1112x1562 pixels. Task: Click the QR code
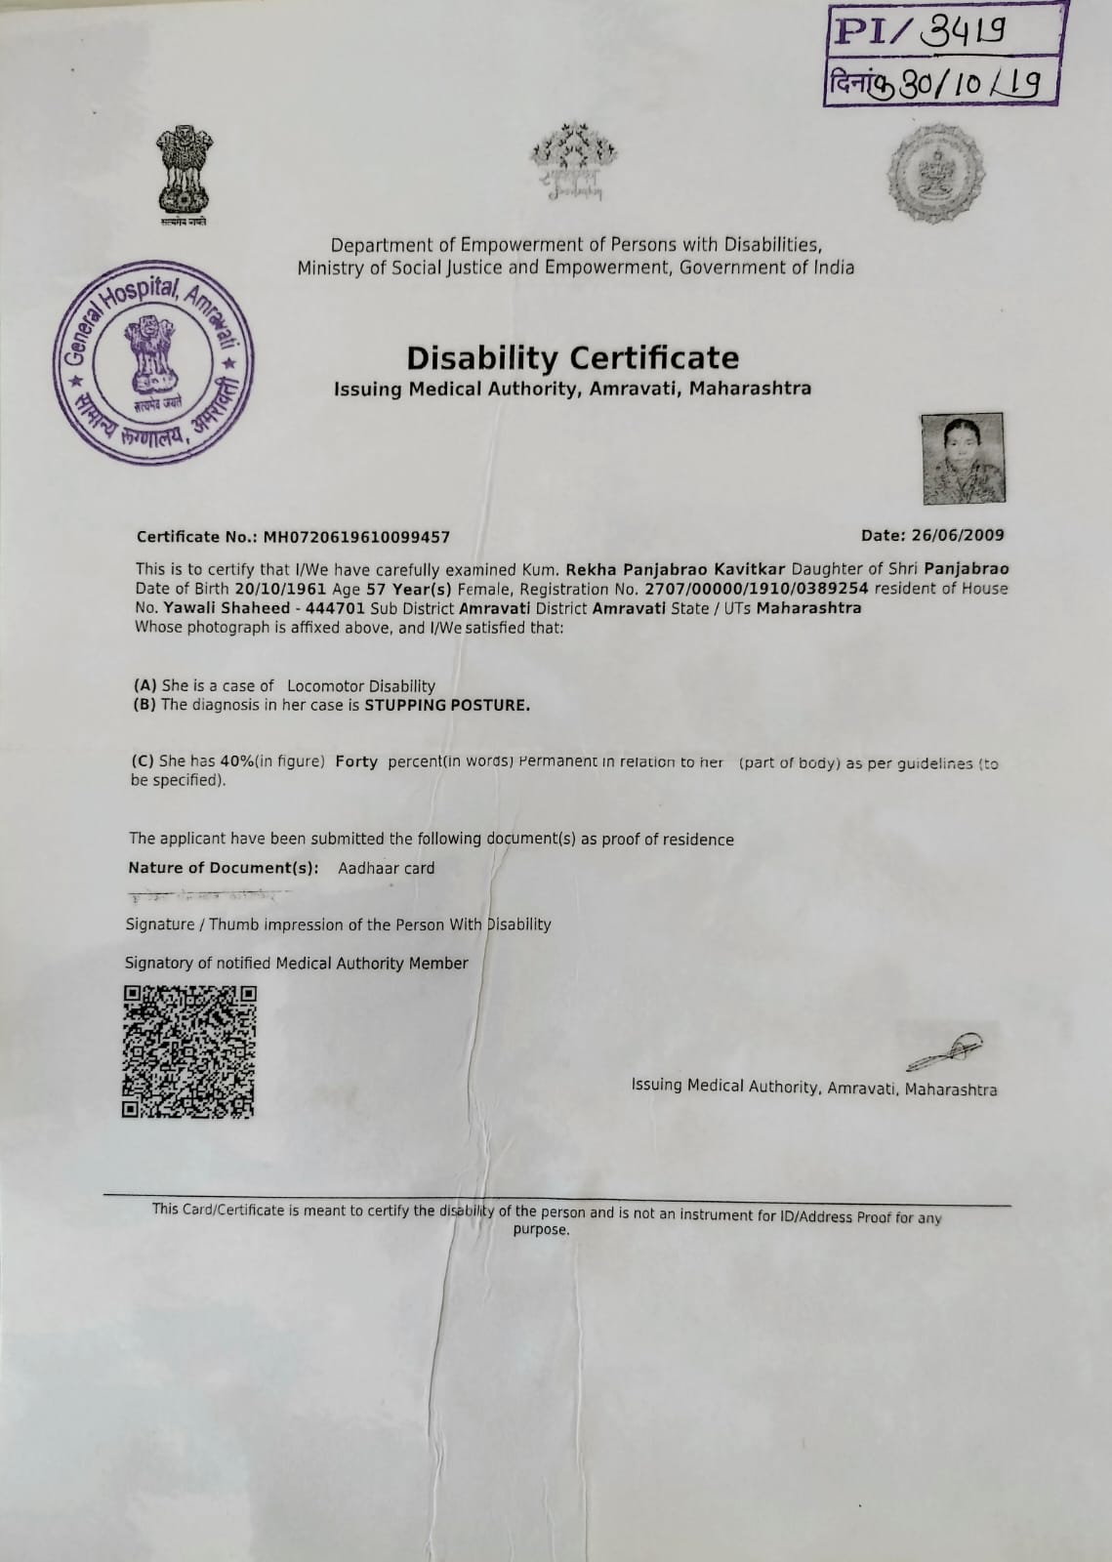coord(188,1051)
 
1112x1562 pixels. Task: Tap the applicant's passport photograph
coord(963,458)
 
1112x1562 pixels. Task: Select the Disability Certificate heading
coord(572,357)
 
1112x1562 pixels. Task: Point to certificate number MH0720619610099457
coord(356,537)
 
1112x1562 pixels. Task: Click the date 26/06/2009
coord(957,535)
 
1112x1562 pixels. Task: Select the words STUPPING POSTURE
coord(447,705)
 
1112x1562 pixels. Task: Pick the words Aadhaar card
coord(386,868)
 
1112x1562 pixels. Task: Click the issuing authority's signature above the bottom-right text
coord(943,1050)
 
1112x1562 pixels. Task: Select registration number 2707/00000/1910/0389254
coord(757,589)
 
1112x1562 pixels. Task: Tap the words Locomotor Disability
coord(361,686)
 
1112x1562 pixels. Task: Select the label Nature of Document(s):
coord(224,868)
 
